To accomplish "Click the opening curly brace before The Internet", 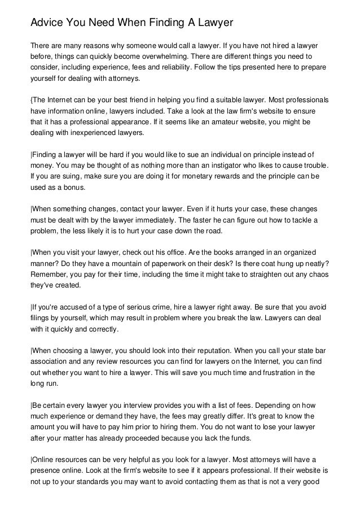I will tap(32, 99).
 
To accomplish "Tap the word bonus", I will tap(73, 188).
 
